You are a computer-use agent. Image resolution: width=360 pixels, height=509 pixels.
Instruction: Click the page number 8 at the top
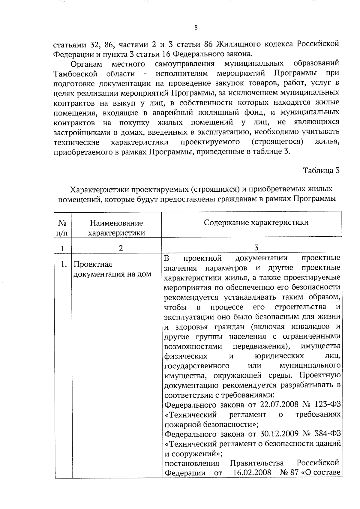coord(196,28)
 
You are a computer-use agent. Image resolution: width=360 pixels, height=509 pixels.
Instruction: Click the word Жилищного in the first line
coord(239,44)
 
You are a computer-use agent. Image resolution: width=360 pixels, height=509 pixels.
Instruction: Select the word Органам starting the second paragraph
coord(86,64)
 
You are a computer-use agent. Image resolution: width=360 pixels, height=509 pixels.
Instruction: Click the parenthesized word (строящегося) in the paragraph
coord(277,142)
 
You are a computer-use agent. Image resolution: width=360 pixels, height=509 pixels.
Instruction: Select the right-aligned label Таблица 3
coord(321,171)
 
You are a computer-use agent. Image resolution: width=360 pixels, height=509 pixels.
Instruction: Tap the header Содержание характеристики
coord(256,223)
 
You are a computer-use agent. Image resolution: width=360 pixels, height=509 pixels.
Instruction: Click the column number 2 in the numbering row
coord(121,248)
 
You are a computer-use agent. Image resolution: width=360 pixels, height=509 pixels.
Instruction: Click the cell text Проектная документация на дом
coord(112,269)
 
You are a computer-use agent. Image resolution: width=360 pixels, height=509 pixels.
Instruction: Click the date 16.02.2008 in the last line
coord(252,473)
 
